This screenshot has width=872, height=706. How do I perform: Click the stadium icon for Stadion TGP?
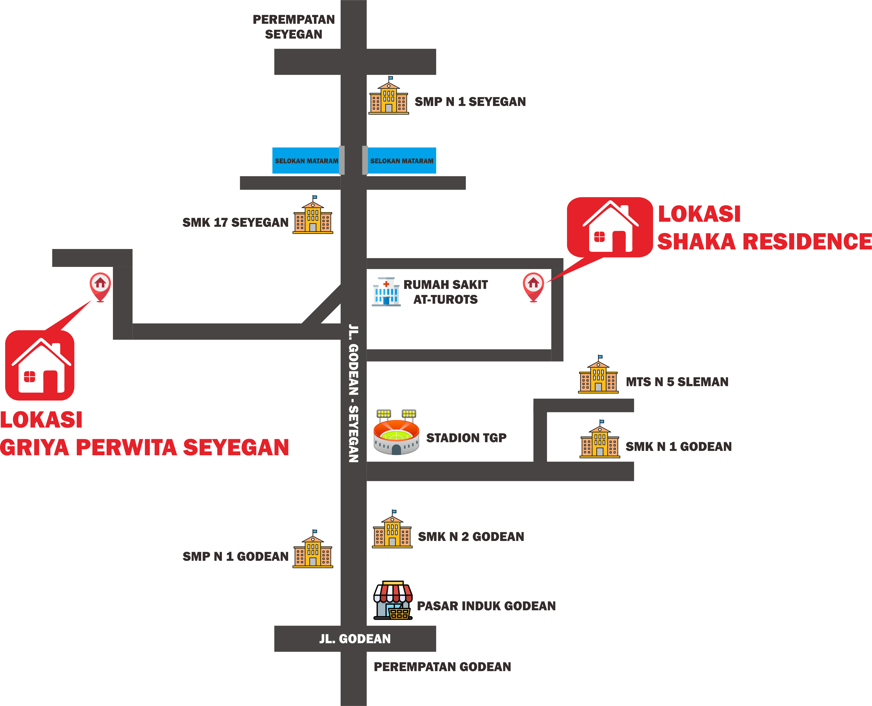pos(396,432)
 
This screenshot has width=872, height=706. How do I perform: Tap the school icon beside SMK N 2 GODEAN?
pos(392,529)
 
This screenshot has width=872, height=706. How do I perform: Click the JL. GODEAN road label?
pos(355,639)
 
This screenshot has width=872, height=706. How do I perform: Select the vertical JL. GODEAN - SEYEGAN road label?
pos(353,393)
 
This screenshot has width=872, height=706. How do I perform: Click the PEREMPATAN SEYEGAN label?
pos(294,27)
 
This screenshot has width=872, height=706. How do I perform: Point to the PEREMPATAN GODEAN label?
pos(442,667)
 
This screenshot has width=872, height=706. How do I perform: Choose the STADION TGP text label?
pos(466,438)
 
